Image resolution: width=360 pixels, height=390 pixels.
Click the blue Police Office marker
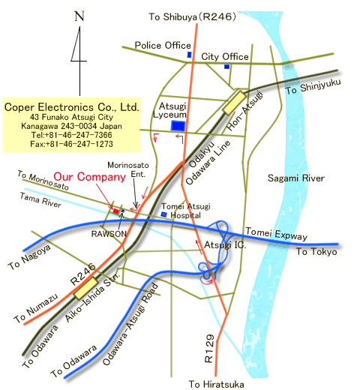pyautogui.click(x=190, y=55)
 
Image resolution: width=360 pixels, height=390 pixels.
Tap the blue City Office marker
pyautogui.click(x=226, y=67)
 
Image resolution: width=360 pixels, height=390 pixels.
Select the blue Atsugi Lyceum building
pyautogui.click(x=178, y=126)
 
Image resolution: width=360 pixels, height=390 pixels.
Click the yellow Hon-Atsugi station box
pyautogui.click(x=234, y=103)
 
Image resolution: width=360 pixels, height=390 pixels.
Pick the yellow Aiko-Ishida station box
pyautogui.click(x=85, y=288)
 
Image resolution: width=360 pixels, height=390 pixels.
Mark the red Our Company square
pyautogui.click(x=115, y=211)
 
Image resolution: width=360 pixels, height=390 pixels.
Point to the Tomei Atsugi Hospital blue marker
pyautogui.click(x=164, y=214)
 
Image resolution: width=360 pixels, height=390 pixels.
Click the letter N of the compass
pyautogui.click(x=79, y=16)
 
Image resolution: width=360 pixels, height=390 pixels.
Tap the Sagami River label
pyautogui.click(x=296, y=178)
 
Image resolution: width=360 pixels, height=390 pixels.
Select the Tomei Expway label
pyautogui.click(x=277, y=233)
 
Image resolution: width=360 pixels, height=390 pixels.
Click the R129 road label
pyautogui.click(x=209, y=349)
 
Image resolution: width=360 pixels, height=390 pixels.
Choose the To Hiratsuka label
pyautogui.click(x=217, y=384)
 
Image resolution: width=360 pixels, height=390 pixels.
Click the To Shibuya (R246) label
pyautogui.click(x=193, y=16)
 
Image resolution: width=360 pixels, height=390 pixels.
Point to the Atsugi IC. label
pyautogui.click(x=225, y=245)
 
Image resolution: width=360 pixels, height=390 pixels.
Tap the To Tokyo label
pyautogui.click(x=316, y=251)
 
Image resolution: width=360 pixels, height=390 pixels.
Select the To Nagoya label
pyautogui.click(x=29, y=257)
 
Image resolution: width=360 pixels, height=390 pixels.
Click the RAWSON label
pyautogui.click(x=109, y=234)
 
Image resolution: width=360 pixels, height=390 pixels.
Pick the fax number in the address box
pyautogui.click(x=71, y=144)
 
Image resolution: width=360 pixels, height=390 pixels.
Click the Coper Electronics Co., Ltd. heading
pyautogui.click(x=71, y=107)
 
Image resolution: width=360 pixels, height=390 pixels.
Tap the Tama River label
pyautogui.click(x=40, y=200)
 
